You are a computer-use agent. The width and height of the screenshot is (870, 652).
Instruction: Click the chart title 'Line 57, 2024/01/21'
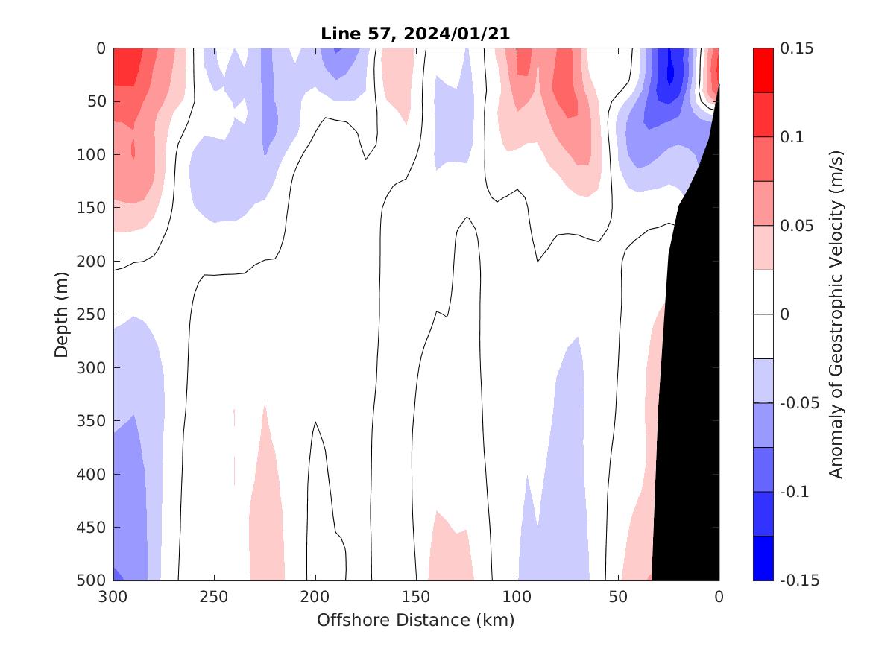(x=415, y=34)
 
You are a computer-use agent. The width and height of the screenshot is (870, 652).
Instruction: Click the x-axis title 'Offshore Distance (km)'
(x=415, y=620)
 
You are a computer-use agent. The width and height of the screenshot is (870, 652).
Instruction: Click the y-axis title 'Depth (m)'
(x=62, y=314)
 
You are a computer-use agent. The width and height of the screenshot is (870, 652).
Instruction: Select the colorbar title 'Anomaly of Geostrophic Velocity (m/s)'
(x=836, y=314)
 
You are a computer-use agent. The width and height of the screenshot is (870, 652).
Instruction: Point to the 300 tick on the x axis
(x=113, y=598)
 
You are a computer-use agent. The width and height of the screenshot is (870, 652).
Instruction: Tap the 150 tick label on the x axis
(x=416, y=598)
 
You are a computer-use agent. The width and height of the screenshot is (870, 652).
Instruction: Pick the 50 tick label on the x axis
(x=618, y=598)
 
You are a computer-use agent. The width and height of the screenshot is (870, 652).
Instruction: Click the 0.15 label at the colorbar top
(x=798, y=48)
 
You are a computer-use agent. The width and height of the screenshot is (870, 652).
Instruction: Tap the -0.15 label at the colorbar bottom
(x=801, y=580)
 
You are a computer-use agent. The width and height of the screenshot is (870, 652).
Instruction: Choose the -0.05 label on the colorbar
(x=801, y=403)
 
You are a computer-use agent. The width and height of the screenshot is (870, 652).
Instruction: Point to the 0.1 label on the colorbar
(x=795, y=137)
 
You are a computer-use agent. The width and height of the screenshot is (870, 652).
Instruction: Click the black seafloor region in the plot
(x=690, y=410)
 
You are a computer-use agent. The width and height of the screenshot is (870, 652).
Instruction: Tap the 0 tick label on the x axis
(x=719, y=598)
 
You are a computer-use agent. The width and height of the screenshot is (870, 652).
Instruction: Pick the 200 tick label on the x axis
(x=315, y=598)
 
